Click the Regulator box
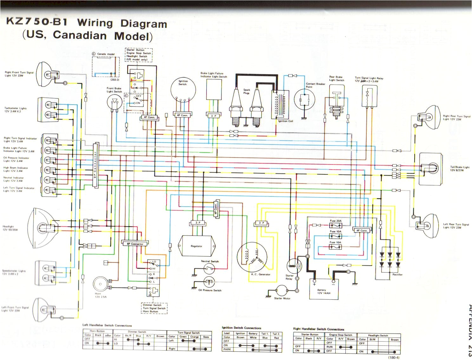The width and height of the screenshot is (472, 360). pos(197,246)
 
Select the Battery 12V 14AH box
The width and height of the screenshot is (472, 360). pos(324,289)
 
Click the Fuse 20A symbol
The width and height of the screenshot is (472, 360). pos(335,226)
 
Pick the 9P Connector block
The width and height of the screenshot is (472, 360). pos(95,165)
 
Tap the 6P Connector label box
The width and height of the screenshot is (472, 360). pos(135,244)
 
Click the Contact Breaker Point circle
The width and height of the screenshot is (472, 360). pos(304,99)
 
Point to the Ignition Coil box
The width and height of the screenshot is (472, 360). pos(280,105)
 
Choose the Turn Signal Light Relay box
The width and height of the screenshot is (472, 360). pos(369,96)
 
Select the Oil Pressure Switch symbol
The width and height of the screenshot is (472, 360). pos(209,282)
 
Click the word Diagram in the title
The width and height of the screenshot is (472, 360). pos(144,24)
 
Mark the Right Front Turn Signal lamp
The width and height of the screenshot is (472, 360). pos(48,75)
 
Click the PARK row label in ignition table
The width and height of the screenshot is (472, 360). pos(227,349)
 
